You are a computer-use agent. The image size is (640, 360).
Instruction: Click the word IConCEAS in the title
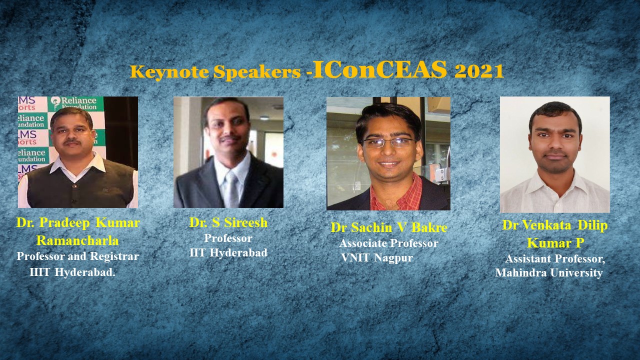380,69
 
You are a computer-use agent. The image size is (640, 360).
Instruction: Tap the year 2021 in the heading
479,71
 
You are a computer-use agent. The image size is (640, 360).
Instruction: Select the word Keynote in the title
169,72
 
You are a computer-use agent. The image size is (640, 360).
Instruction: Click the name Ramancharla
77,240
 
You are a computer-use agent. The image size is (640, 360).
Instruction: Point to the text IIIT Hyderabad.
72,272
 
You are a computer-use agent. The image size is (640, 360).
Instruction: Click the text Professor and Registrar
77,256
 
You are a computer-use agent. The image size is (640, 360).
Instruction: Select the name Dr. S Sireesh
228,222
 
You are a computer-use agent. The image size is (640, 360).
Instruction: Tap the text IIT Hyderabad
228,252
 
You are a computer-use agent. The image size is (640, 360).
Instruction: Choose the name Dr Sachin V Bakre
389,227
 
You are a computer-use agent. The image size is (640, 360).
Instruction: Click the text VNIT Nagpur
377,258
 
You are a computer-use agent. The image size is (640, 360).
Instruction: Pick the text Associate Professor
388,243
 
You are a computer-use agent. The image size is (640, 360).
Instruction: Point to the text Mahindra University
549,272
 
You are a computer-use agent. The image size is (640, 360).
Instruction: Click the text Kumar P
555,243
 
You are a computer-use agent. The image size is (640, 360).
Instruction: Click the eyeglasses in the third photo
389,142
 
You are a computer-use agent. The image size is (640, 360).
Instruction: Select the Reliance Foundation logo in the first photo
75,103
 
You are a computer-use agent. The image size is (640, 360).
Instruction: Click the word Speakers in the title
257,72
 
